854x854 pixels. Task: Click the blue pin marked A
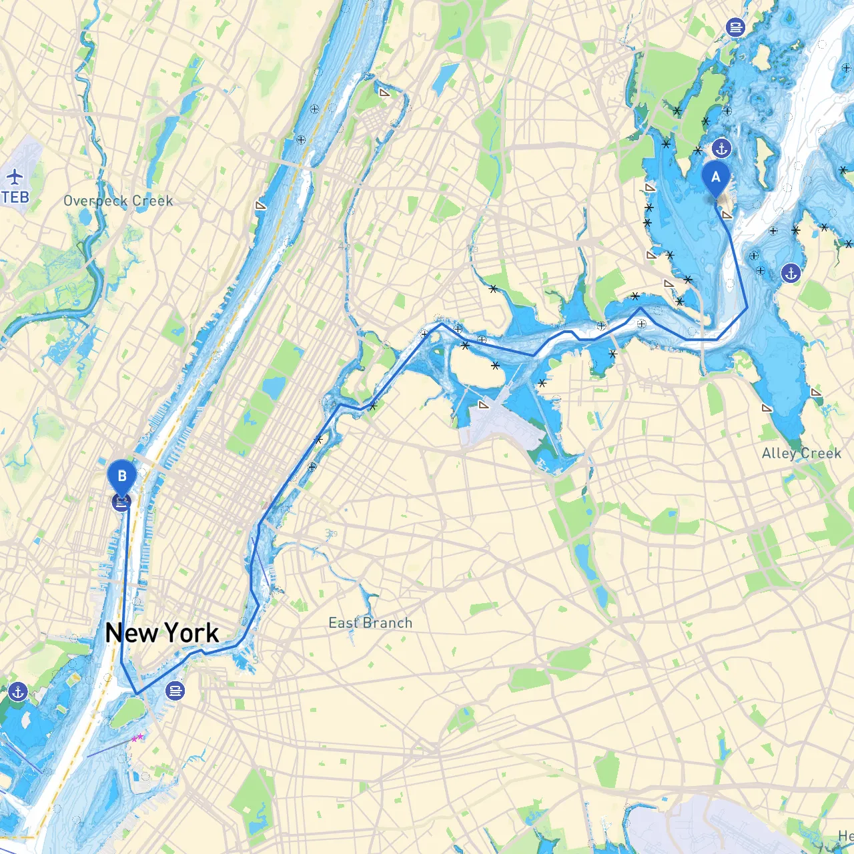click(x=716, y=177)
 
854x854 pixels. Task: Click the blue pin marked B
click(x=122, y=476)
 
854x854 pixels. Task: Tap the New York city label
click(x=162, y=633)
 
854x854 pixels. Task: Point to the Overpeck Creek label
click(x=118, y=201)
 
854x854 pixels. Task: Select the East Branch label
click(x=370, y=623)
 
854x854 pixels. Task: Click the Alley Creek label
click(x=801, y=454)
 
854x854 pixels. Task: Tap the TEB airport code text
click(x=15, y=197)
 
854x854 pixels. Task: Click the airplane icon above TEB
click(x=15, y=177)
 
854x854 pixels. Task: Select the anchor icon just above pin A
click(x=721, y=148)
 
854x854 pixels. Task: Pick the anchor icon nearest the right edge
click(x=791, y=273)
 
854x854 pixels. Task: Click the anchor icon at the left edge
click(x=18, y=692)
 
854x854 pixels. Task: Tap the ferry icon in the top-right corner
click(x=735, y=27)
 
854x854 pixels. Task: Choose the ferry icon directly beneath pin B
click(x=121, y=503)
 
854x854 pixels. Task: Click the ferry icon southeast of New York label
click(x=175, y=691)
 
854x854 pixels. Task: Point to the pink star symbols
click(x=137, y=737)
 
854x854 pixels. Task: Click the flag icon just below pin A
click(x=727, y=215)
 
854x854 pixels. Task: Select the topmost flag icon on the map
click(x=384, y=93)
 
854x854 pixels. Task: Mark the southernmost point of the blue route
click(x=137, y=694)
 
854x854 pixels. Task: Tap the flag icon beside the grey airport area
click(x=484, y=404)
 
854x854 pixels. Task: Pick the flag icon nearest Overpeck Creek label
click(x=261, y=205)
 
